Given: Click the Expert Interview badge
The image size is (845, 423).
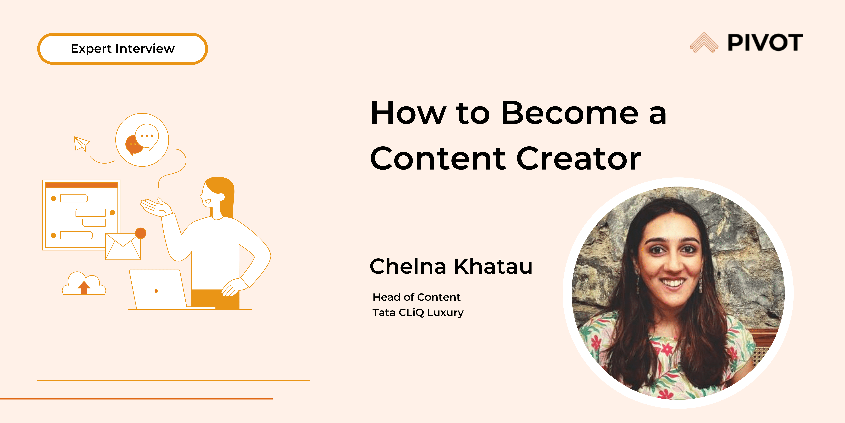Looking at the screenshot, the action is [x=122, y=49].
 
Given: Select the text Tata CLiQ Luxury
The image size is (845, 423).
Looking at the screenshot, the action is [x=418, y=312].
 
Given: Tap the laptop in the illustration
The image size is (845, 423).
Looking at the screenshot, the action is [x=157, y=290].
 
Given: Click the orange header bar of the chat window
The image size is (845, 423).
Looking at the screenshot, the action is [x=82, y=185].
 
